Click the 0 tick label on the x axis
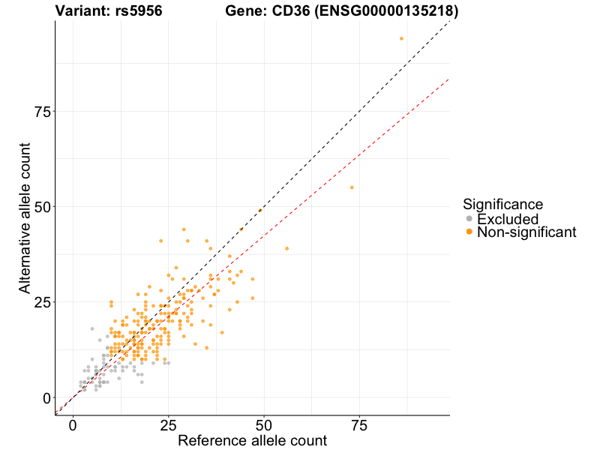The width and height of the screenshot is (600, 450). click(x=73, y=426)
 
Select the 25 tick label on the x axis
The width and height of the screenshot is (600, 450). click(x=168, y=426)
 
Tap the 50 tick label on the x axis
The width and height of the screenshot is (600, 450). click(x=263, y=426)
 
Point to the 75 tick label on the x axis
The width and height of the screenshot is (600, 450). click(x=358, y=426)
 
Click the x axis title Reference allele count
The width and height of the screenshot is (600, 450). click(x=252, y=441)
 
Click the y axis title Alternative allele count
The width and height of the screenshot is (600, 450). click(x=25, y=217)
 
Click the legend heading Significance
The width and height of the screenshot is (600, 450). click(x=502, y=204)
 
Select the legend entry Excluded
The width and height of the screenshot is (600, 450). click(x=508, y=219)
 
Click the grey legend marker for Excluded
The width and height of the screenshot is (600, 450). click(x=469, y=219)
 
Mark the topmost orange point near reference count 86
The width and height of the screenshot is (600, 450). click(x=401, y=38)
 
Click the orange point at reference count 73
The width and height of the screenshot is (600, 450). click(x=352, y=187)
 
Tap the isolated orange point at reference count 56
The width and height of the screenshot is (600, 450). click(x=286, y=248)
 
